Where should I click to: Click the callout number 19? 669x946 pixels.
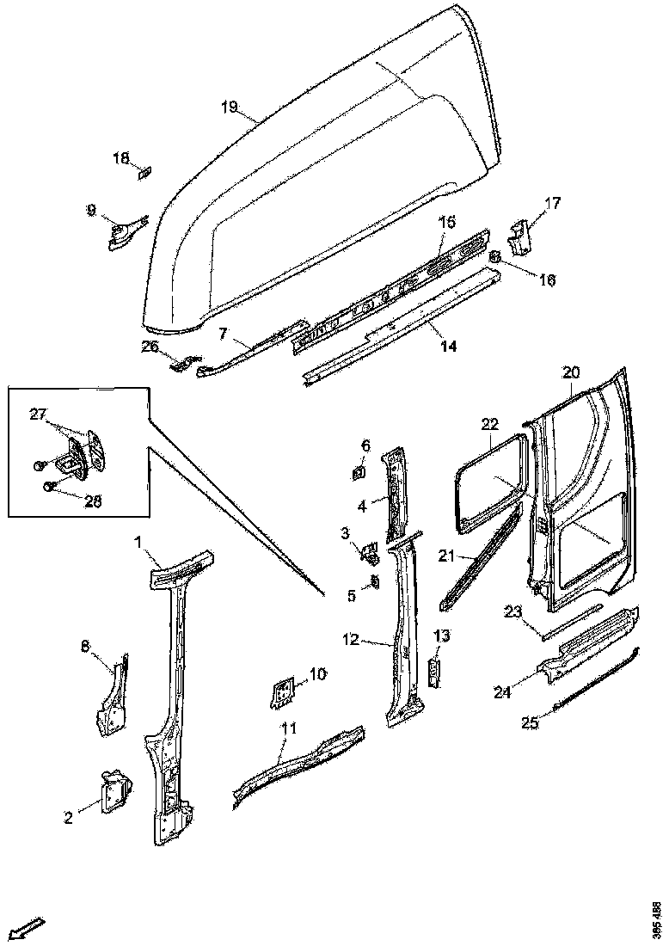click(x=229, y=107)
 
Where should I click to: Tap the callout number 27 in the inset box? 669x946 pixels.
click(x=39, y=415)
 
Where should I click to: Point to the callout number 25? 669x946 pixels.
click(x=531, y=723)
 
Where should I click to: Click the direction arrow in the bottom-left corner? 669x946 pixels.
click(x=30, y=928)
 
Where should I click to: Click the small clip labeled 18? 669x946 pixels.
click(x=144, y=173)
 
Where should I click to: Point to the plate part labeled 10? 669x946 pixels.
click(x=280, y=691)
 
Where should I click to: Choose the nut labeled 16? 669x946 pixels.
click(x=496, y=256)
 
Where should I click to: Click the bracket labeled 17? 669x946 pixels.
click(x=521, y=236)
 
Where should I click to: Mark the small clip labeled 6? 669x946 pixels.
click(x=359, y=472)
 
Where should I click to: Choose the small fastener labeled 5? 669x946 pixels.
click(x=375, y=582)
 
